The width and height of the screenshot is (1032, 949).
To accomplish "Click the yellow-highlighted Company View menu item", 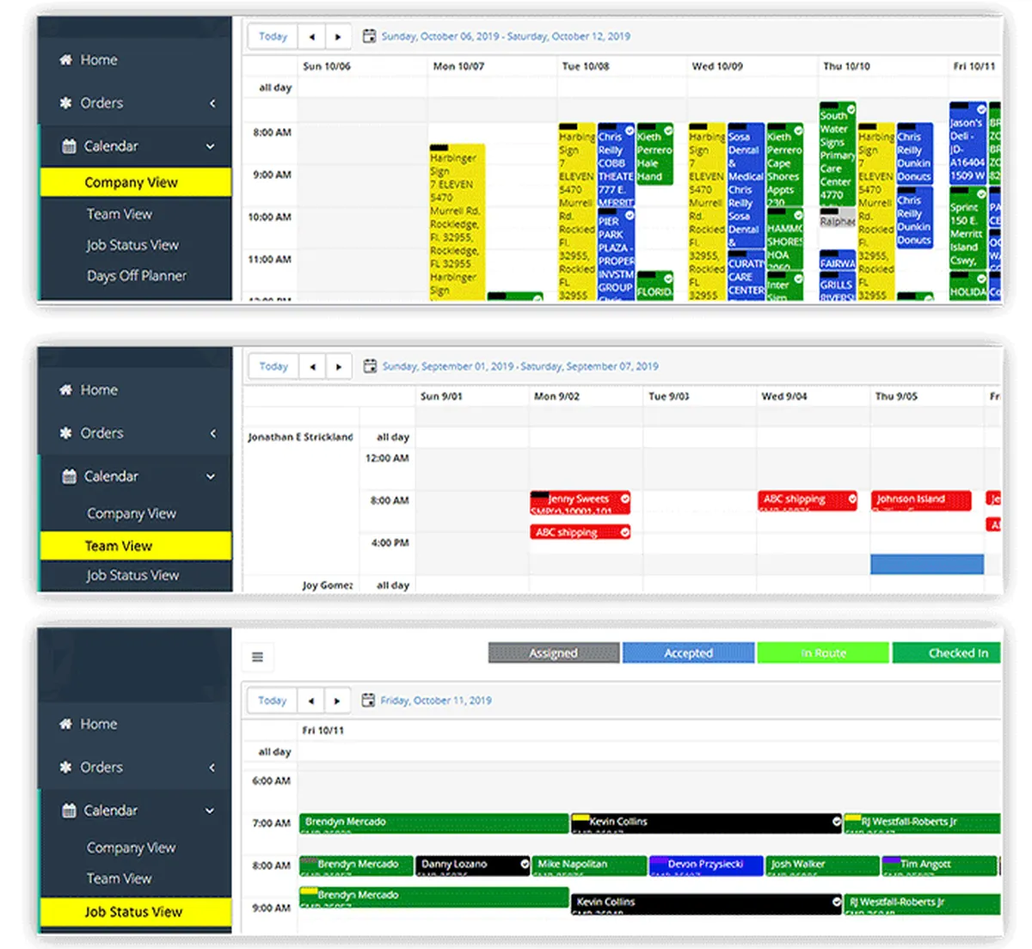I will (x=134, y=182).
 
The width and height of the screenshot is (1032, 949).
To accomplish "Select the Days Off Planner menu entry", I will (x=136, y=276).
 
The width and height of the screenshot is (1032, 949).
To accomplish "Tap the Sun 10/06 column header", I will (x=327, y=66).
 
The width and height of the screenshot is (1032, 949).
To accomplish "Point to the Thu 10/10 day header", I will (x=846, y=66).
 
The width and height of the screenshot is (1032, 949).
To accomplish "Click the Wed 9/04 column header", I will (x=783, y=396).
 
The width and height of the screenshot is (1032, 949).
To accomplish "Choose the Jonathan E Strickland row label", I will (x=300, y=437).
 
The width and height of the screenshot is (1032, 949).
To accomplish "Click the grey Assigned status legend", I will (x=553, y=653).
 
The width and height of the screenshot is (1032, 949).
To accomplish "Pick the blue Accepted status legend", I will (x=688, y=653).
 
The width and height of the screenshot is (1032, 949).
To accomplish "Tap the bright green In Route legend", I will (x=823, y=653).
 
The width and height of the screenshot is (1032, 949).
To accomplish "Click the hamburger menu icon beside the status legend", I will (x=257, y=658).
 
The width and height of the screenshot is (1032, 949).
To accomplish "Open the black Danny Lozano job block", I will (x=472, y=865).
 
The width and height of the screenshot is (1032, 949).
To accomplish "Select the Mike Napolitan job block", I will (x=589, y=865).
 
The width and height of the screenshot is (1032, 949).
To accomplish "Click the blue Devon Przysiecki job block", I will (x=705, y=865).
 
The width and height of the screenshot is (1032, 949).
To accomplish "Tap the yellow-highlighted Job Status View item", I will (x=134, y=912).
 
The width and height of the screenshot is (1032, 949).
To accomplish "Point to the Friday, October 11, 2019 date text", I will (x=436, y=701).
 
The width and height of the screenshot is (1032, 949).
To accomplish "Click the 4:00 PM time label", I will (x=390, y=543).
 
